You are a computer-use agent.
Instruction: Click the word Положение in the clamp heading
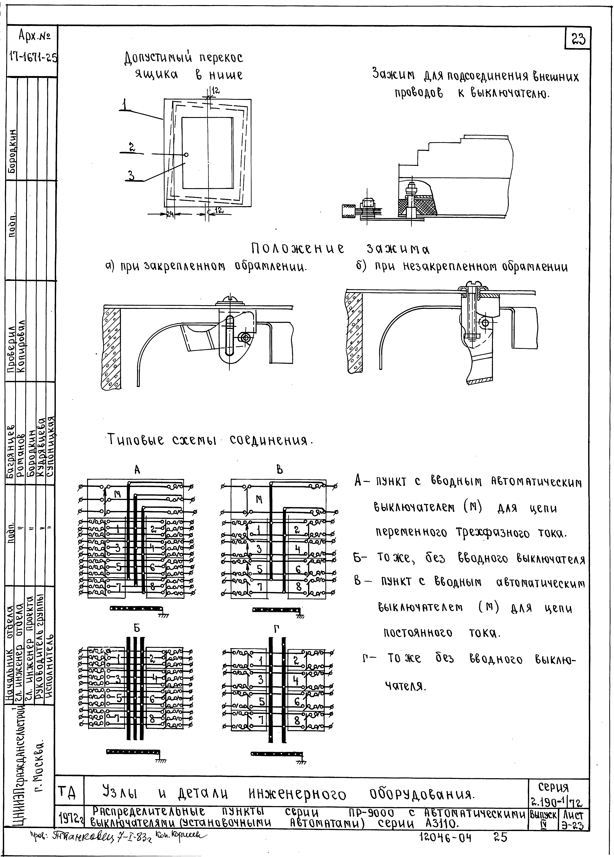298,248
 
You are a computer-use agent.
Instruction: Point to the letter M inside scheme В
259,499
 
